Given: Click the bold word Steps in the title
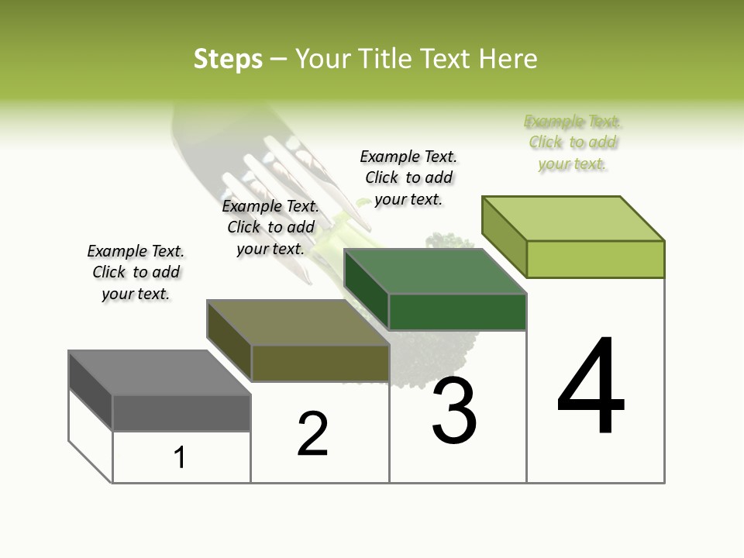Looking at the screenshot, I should [x=228, y=59].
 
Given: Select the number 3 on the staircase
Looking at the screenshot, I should [x=453, y=411].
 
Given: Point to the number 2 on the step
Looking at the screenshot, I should [x=312, y=434].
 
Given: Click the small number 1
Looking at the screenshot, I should [x=180, y=457].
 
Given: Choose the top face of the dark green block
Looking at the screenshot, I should [x=435, y=271].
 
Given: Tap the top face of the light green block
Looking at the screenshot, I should [x=573, y=219].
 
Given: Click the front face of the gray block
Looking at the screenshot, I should [x=181, y=412].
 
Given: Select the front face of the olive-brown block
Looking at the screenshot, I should [x=320, y=363].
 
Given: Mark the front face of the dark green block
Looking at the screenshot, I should [x=457, y=312].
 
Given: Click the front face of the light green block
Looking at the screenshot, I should [x=595, y=259].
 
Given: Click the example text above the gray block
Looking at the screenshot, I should [x=136, y=272].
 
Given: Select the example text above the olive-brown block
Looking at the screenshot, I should [x=270, y=227].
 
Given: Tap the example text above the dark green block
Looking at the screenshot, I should [x=408, y=177].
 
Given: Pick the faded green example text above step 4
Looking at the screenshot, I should [x=573, y=142].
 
